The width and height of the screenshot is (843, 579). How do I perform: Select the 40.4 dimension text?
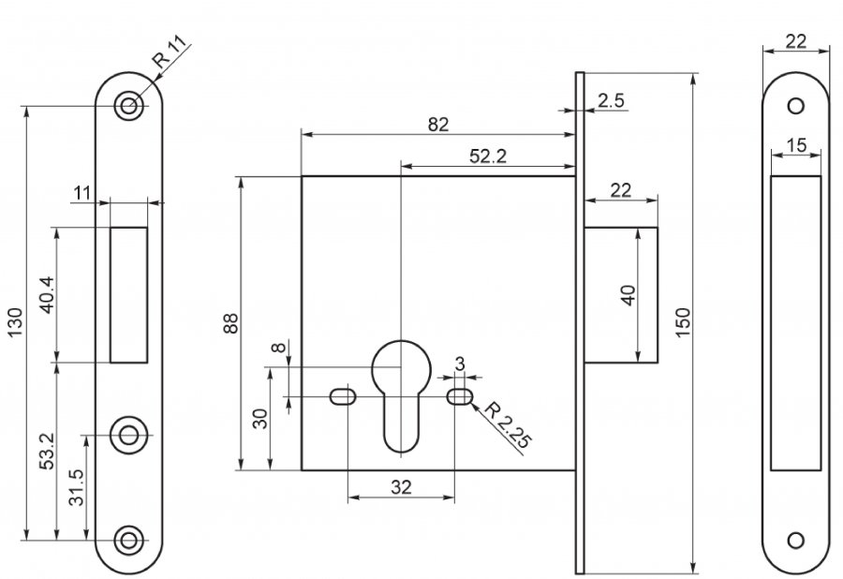[48, 294]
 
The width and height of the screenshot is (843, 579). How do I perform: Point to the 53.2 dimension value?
[48, 452]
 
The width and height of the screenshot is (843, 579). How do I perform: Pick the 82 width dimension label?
[437, 124]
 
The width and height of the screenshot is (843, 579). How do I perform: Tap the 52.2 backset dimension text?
[488, 156]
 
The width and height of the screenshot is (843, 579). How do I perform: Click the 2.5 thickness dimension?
[612, 99]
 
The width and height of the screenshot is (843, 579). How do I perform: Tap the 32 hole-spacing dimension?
[402, 488]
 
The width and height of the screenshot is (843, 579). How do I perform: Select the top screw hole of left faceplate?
[129, 106]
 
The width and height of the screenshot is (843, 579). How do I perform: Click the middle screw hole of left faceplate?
[129, 434]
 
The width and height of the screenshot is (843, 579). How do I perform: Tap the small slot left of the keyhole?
[342, 397]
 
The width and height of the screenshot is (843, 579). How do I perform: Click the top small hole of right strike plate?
[796, 106]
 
